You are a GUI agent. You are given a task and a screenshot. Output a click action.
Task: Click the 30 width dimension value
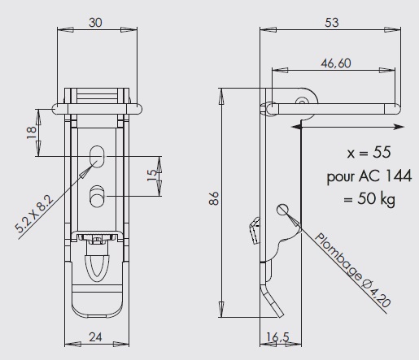pyautogui.click(x=95, y=23)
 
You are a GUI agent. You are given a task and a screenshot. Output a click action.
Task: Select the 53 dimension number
pyautogui.click(x=332, y=23)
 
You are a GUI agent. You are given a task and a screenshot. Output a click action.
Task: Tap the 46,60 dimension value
pyautogui.click(x=336, y=63)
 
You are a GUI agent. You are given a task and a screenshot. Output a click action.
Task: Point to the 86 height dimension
pyautogui.click(x=214, y=198)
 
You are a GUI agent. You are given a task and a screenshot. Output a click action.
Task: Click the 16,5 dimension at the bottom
pyautogui.click(x=277, y=337)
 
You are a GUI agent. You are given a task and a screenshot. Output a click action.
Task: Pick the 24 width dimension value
pyautogui.click(x=95, y=337)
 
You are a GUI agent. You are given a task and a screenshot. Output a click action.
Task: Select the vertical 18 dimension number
pyautogui.click(x=32, y=132)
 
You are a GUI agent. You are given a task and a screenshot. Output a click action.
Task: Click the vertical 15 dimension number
pyautogui.click(x=152, y=176)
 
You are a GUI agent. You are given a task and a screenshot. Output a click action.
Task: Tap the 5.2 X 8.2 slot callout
pyautogui.click(x=34, y=214)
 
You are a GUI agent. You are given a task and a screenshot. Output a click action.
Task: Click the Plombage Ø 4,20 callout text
pyautogui.click(x=352, y=270)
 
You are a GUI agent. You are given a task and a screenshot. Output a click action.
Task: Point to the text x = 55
pyautogui.click(x=369, y=153)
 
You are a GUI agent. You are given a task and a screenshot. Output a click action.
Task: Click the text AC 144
pyautogui.click(x=386, y=176)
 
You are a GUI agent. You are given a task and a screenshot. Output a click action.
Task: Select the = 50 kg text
pyautogui.click(x=369, y=199)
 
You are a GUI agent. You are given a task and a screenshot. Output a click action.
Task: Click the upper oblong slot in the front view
pyautogui.click(x=97, y=157)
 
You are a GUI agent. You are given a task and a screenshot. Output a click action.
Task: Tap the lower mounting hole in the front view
pyautogui.click(x=97, y=197)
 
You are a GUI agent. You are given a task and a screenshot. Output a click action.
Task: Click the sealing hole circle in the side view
pyautogui.click(x=282, y=210)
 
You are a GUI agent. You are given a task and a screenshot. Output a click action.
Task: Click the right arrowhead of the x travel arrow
pyautogui.click(x=399, y=127)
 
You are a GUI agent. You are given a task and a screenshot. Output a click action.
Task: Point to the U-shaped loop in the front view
pyautogui.click(x=97, y=267)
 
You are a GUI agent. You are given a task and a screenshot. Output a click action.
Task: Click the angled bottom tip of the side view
pyautogui.click(x=281, y=316)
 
